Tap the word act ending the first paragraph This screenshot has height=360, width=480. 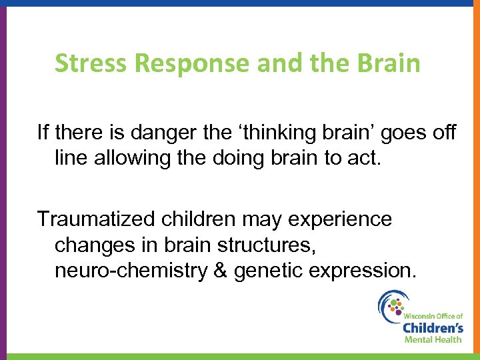[x=370, y=160]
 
